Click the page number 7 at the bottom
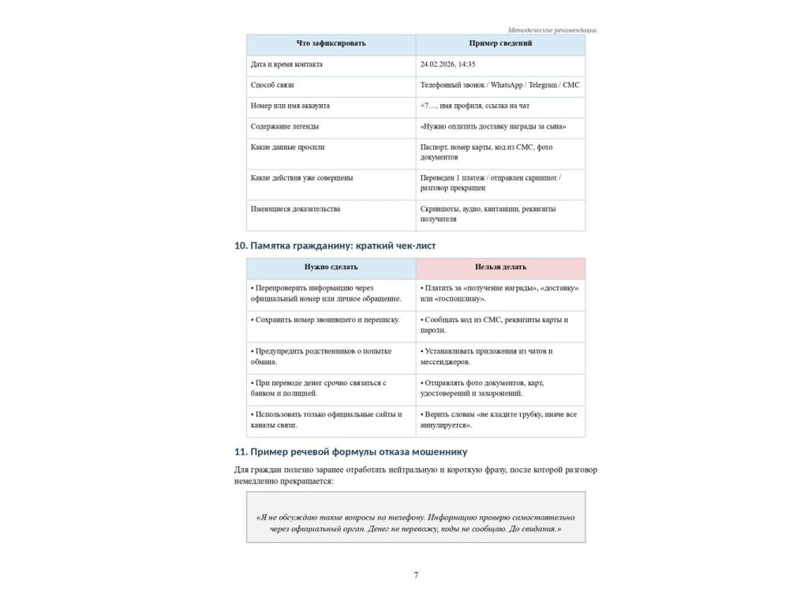[x=416, y=575]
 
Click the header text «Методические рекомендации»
[x=552, y=30]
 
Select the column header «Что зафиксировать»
[x=331, y=43]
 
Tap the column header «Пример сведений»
[x=500, y=43]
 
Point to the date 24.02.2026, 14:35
[x=447, y=65]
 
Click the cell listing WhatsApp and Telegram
[x=499, y=85]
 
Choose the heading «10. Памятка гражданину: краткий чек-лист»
[x=335, y=246]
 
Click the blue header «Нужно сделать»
[x=331, y=267]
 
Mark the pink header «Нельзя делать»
[x=500, y=267]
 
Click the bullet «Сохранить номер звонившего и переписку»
[x=325, y=320]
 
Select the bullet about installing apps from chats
[x=487, y=357]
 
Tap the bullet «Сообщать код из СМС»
[x=494, y=325]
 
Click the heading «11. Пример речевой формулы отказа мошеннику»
[x=350, y=452]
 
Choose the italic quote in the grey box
[x=416, y=523]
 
